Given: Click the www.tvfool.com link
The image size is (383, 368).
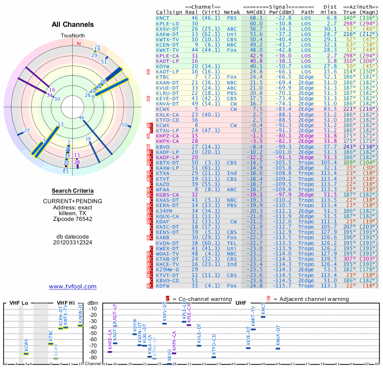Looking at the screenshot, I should (x=72, y=287).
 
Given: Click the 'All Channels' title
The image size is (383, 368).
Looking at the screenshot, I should (x=73, y=24).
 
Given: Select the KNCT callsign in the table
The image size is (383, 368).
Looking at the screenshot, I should (x=163, y=18).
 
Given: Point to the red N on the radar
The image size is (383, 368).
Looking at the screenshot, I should (x=79, y=43).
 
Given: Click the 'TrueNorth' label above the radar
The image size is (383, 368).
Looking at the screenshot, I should (x=73, y=36).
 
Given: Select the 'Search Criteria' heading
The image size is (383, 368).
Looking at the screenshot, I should (x=72, y=191).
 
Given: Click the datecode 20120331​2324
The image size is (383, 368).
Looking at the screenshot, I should (x=73, y=242).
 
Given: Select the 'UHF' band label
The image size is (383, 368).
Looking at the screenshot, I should (x=241, y=303).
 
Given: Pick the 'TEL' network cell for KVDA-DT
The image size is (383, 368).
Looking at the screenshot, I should (x=232, y=243).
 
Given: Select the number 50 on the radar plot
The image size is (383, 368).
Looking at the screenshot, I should (x=124, y=125).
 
